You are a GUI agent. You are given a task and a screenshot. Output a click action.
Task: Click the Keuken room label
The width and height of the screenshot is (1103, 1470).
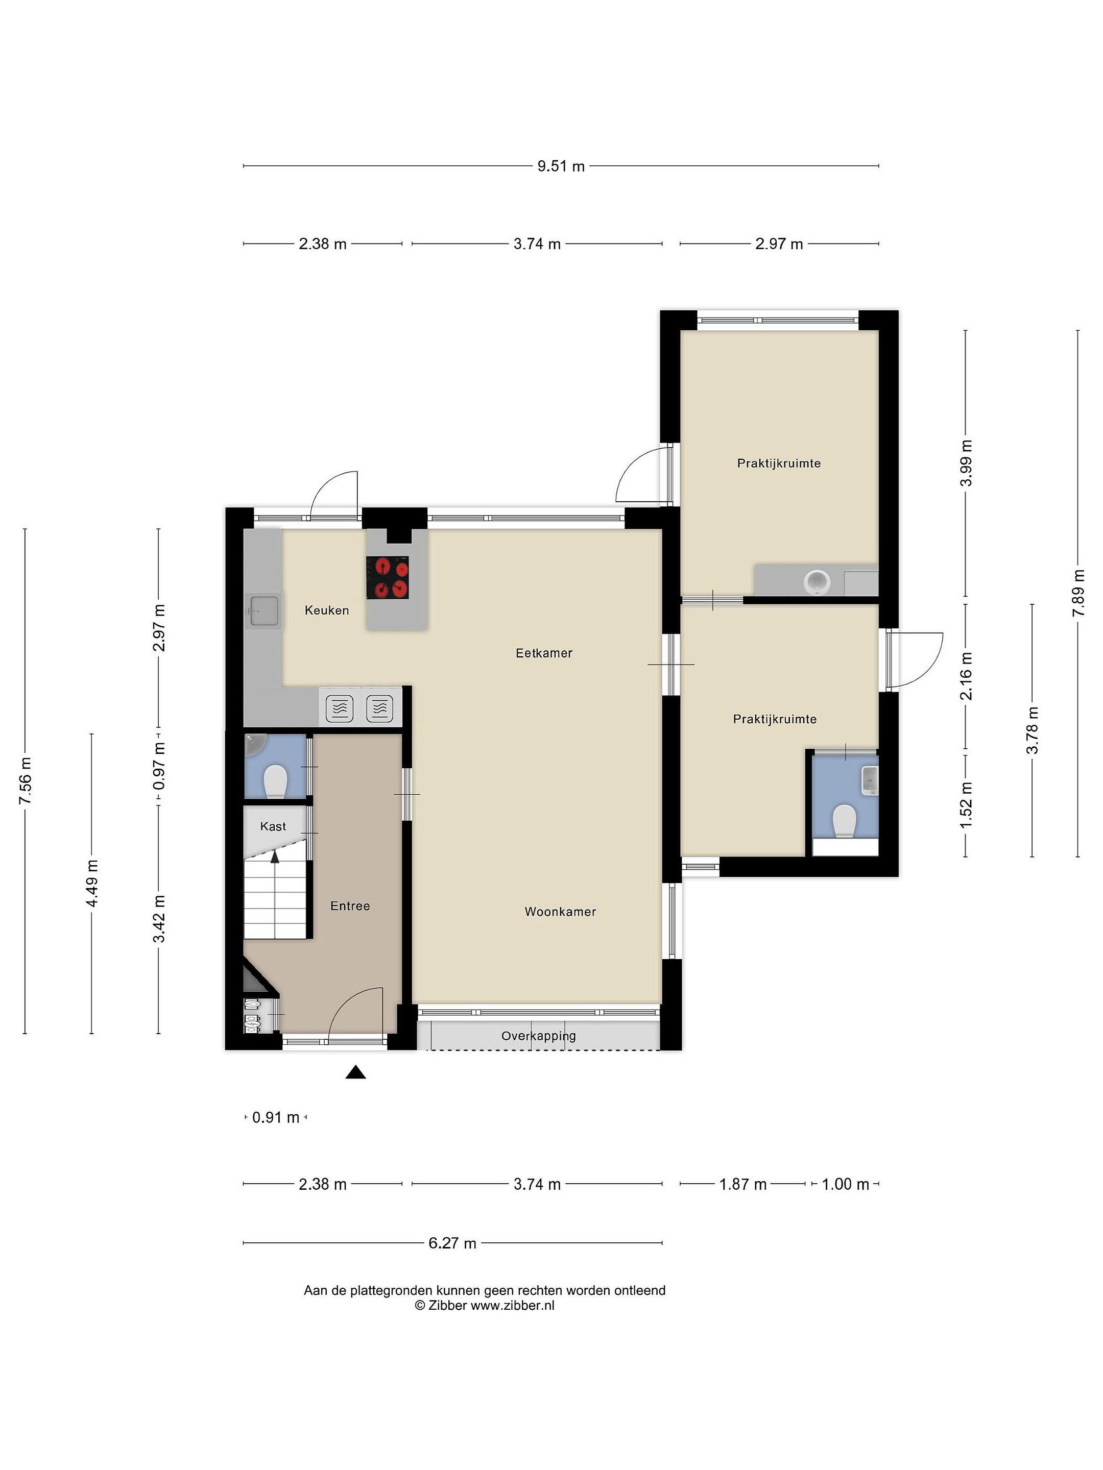(x=326, y=610)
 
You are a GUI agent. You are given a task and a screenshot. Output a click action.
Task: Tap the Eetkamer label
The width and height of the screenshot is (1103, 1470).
(x=544, y=653)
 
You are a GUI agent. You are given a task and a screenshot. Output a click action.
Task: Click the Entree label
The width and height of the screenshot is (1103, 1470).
(x=350, y=906)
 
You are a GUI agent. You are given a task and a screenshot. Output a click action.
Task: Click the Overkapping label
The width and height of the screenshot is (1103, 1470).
(x=539, y=1036)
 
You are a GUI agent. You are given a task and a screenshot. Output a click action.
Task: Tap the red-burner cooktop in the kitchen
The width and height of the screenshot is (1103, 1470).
(x=388, y=577)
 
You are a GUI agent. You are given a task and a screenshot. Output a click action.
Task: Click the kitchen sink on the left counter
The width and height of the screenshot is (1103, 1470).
(x=264, y=610)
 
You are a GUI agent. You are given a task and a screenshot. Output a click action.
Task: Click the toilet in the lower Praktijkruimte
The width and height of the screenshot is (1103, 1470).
(x=844, y=821)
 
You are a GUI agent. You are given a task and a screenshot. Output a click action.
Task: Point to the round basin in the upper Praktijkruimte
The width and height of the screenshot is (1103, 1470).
(x=817, y=582)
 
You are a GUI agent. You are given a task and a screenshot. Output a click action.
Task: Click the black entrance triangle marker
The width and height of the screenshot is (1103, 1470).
(x=356, y=1072)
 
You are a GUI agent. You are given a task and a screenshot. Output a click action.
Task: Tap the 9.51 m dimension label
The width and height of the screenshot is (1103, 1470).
(x=561, y=166)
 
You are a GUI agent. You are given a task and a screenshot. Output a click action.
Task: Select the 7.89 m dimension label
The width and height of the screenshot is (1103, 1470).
(x=1078, y=593)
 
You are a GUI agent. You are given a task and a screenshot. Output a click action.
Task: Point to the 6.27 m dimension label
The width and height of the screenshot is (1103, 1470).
(x=453, y=1243)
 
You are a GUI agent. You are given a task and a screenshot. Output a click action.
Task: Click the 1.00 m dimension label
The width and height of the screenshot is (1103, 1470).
(x=846, y=1184)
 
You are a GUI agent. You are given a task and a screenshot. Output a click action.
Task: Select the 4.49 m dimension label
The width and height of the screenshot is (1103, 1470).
(x=92, y=883)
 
